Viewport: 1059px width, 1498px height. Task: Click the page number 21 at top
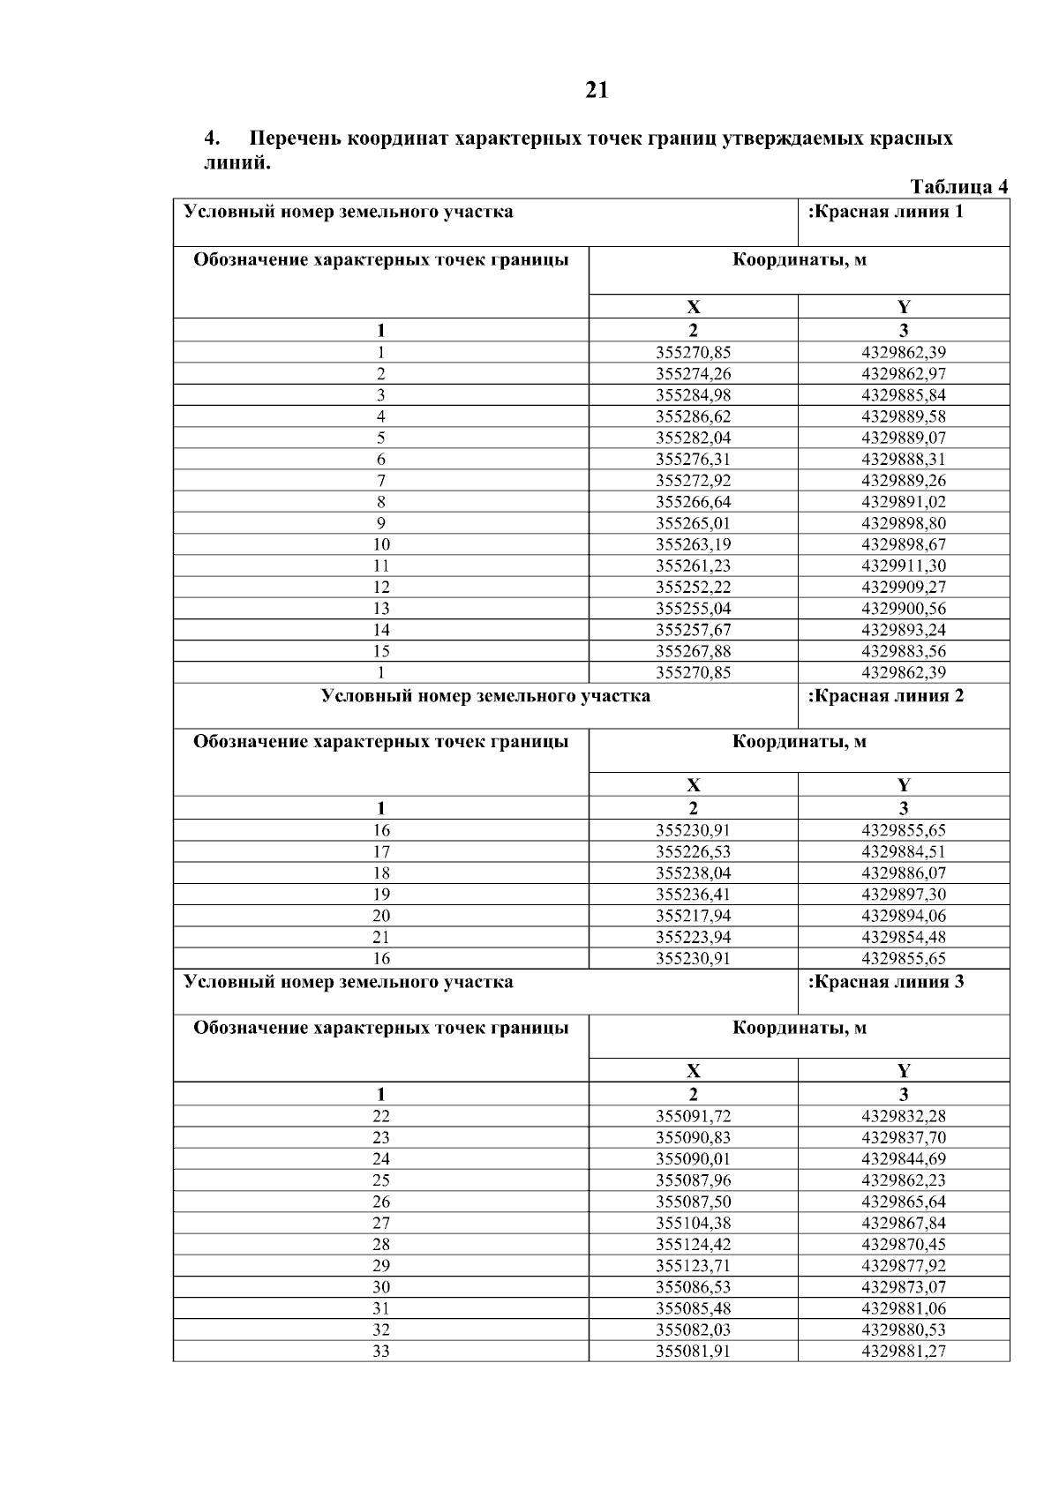coord(597,90)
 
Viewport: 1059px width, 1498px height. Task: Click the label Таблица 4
coord(958,187)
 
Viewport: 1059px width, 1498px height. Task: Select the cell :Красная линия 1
coord(885,212)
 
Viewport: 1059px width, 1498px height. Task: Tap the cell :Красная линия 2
coord(886,695)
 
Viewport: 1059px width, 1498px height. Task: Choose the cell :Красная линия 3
coord(886,982)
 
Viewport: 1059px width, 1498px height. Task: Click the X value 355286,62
coord(693,416)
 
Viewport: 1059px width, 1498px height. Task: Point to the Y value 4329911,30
coord(903,565)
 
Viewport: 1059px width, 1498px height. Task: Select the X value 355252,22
coord(693,587)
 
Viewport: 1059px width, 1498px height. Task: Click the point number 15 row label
coord(381,651)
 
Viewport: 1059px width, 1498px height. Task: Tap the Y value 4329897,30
coord(903,895)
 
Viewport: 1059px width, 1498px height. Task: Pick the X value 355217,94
coord(693,916)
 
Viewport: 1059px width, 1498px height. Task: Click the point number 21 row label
coord(381,937)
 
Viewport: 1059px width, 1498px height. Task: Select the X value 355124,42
coord(693,1245)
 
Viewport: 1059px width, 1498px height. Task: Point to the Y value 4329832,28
coord(903,1116)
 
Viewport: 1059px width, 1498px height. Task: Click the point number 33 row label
coord(381,1352)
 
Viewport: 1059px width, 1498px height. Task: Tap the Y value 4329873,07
coord(903,1287)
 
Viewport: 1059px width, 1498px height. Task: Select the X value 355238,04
coord(693,873)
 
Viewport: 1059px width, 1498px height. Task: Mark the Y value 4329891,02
coord(903,502)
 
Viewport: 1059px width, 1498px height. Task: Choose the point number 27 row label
coord(381,1223)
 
